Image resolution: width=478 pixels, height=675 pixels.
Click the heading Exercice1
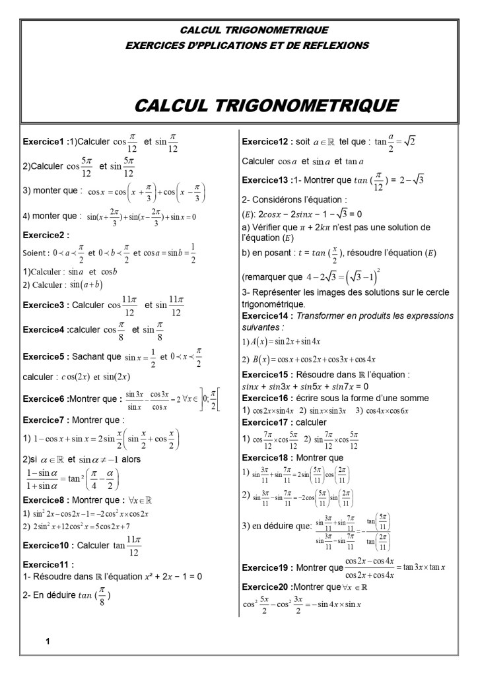pos(43,142)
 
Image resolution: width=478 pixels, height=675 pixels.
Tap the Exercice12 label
pos(265,142)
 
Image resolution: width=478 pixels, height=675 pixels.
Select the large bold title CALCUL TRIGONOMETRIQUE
pos(266,105)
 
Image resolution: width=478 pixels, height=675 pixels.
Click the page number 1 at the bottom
pos(48,641)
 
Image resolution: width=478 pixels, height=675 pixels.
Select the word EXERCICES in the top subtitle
pos(154,46)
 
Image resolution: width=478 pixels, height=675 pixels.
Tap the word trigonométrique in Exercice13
pos(269,305)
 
